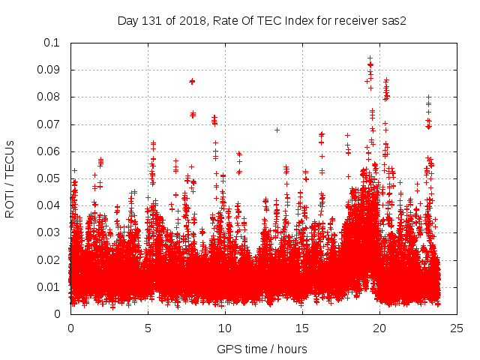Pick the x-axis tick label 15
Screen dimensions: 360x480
[301, 328]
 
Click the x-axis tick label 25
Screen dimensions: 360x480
[456, 328]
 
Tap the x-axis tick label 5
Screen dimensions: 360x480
[148, 328]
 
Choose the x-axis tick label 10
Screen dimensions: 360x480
[224, 328]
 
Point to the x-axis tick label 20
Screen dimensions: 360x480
[379, 328]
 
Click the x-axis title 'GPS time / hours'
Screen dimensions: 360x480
[262, 349]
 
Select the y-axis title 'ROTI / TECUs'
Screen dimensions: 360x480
[10, 178]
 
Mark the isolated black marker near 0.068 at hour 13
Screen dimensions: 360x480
[277, 130]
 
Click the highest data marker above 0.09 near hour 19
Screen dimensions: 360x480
[370, 58]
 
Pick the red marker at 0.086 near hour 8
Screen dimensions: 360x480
[192, 81]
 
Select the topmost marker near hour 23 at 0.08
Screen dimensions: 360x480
[428, 97]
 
